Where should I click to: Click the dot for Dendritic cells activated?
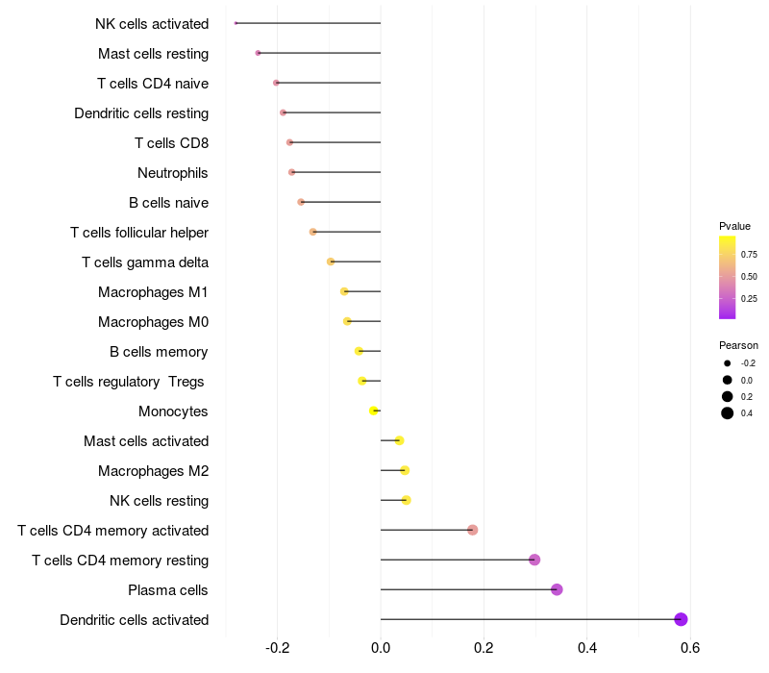pyautogui.click(x=681, y=619)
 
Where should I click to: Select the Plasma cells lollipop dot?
pyautogui.click(x=557, y=589)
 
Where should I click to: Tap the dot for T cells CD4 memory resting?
pyautogui.click(x=534, y=560)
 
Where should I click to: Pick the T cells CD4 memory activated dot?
pyautogui.click(x=472, y=530)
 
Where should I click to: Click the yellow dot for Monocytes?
pyautogui.click(x=374, y=411)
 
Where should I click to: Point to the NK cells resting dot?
pyautogui.click(x=406, y=500)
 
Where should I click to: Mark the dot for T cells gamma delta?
pyautogui.click(x=331, y=262)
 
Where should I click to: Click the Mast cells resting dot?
pyautogui.click(x=258, y=53)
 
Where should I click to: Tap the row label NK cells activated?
pyautogui.click(x=152, y=23)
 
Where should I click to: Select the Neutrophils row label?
pyautogui.click(x=173, y=173)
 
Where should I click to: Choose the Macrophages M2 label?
pyautogui.click(x=153, y=471)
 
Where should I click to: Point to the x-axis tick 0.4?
pyautogui.click(x=586, y=647)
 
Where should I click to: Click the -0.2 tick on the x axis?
pyautogui.click(x=278, y=647)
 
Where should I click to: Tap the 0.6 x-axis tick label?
pyautogui.click(x=689, y=647)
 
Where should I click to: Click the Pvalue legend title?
pyautogui.click(x=734, y=226)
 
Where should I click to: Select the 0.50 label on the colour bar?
pyautogui.click(x=748, y=277)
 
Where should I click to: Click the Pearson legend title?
pyautogui.click(x=738, y=345)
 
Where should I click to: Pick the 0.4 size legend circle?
pyautogui.click(x=728, y=413)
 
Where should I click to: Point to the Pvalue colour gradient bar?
pyautogui.click(x=728, y=277)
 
